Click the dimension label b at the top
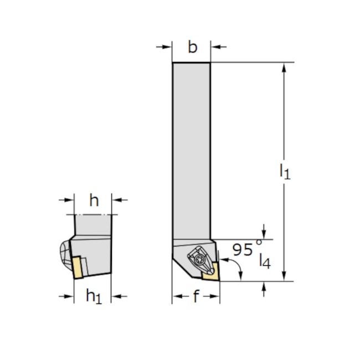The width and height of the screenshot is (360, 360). click(x=192, y=48)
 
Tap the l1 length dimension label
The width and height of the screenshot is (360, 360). click(x=284, y=171)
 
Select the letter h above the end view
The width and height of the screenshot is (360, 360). click(x=94, y=200)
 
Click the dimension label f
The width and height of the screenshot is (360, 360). click(x=196, y=297)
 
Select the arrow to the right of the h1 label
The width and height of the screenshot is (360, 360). click(x=118, y=297)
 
